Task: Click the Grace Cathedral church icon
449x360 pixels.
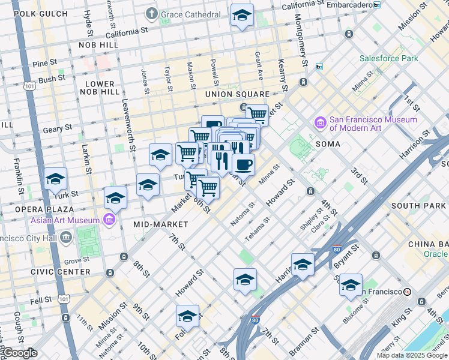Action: [152, 13]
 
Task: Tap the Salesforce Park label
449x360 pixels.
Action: [388, 59]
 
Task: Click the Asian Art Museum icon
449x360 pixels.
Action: [109, 220]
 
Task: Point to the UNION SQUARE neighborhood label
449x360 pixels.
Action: [237, 94]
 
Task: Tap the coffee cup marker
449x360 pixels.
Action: [243, 164]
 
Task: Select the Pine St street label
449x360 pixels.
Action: [45, 62]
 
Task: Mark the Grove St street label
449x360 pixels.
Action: [76, 261]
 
